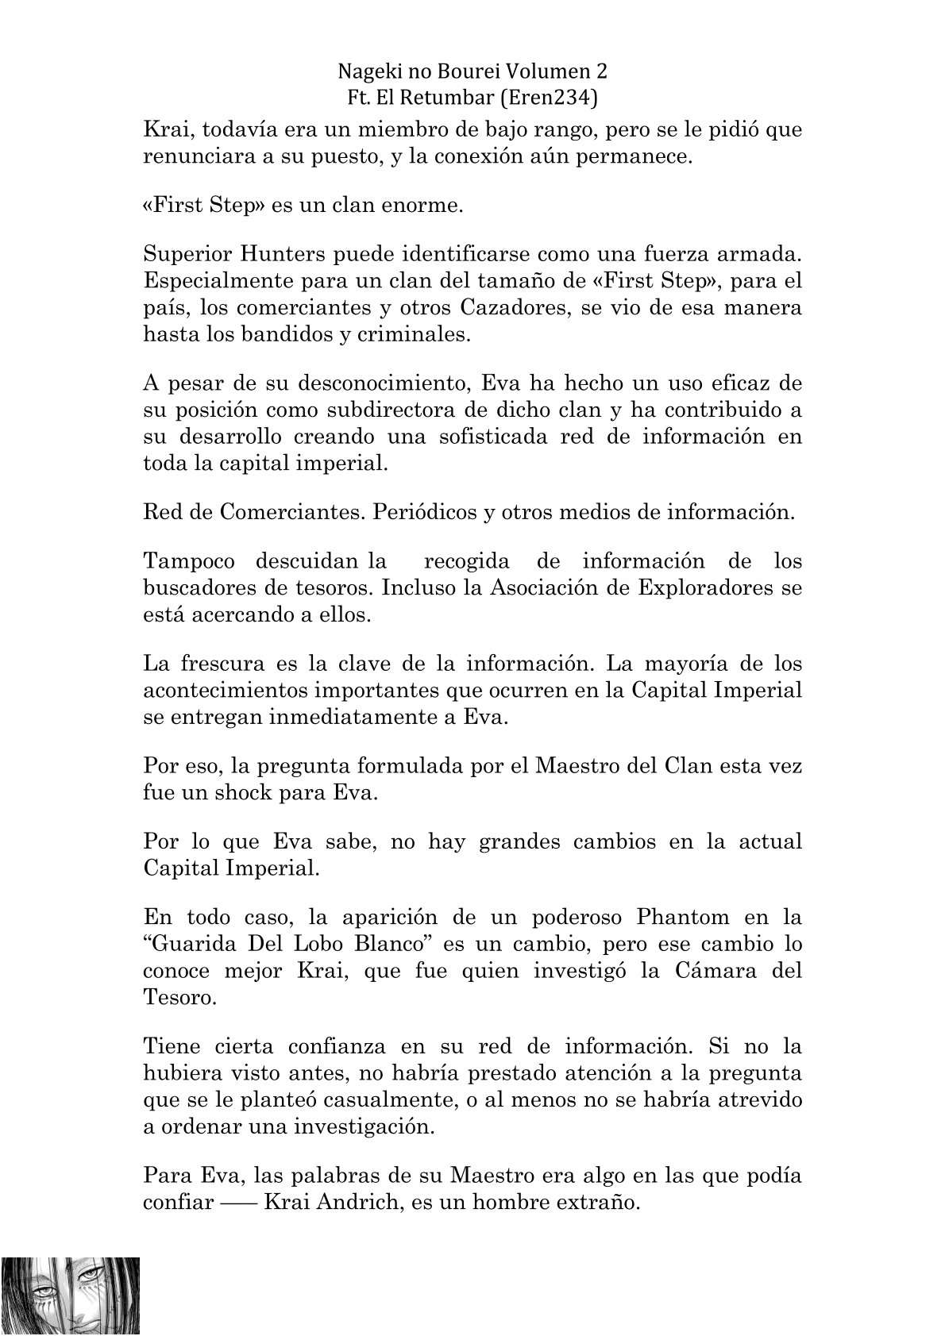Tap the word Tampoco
pos(189,562)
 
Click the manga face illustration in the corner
pos(71,1296)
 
